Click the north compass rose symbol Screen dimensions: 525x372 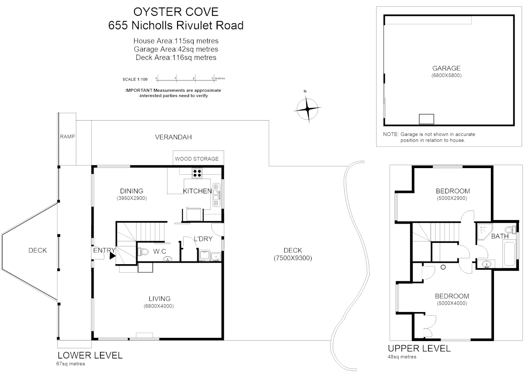click(x=307, y=109)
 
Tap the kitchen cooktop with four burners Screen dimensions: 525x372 click(x=197, y=173)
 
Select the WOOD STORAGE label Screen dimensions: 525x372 click(x=197, y=159)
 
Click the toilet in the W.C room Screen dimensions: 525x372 click(x=143, y=252)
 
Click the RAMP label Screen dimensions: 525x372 click(x=67, y=136)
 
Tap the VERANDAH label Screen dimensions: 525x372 click(x=173, y=137)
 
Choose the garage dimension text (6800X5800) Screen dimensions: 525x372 click(x=446, y=75)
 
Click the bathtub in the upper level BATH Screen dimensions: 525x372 click(x=509, y=254)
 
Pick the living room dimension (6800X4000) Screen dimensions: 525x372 click(x=159, y=306)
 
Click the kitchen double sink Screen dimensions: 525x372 click(x=216, y=195)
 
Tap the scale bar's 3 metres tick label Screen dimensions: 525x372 click(x=212, y=78)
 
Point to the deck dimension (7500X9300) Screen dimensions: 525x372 click(x=293, y=258)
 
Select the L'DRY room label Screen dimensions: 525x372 click(x=203, y=239)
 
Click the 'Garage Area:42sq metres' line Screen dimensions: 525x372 click(x=176, y=49)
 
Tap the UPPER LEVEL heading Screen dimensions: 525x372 click(x=419, y=348)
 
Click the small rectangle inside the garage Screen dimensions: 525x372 click(x=426, y=119)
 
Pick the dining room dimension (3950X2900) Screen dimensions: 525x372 click(x=132, y=198)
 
